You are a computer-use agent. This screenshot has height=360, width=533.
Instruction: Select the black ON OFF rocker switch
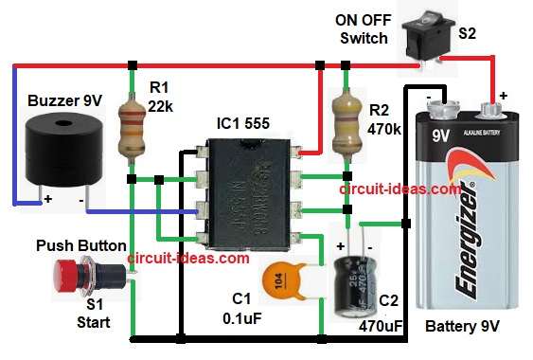pos(421,37)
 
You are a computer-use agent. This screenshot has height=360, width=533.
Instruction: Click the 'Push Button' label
pos(80,245)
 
